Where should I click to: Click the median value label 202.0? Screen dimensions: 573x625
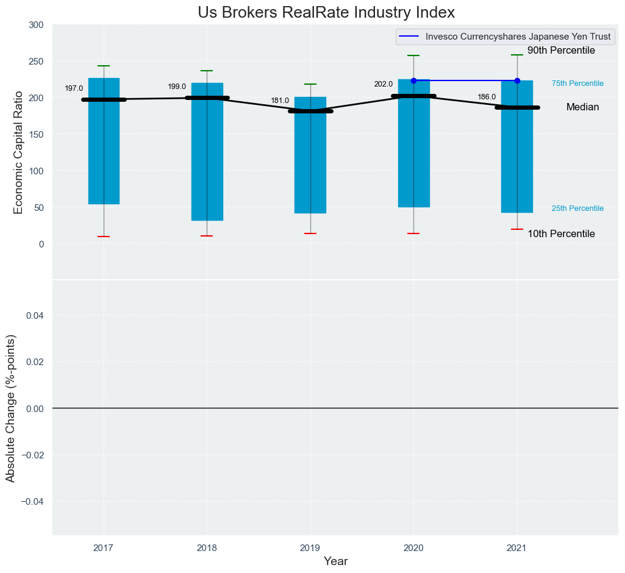(384, 84)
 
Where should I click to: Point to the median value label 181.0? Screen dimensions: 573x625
(280, 101)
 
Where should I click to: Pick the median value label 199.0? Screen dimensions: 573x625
(177, 87)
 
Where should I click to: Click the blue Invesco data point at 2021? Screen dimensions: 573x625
(517, 80)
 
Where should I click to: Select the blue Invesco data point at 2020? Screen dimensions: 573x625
(413, 80)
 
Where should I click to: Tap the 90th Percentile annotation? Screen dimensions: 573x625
(561, 51)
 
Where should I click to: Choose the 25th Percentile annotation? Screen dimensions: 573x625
(577, 208)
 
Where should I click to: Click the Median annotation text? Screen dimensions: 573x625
(582, 107)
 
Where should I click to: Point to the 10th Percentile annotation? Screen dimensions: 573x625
(561, 234)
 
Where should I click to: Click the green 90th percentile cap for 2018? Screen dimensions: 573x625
(207, 71)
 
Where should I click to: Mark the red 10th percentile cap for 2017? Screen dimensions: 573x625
(104, 237)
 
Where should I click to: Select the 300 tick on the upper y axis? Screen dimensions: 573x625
(36, 25)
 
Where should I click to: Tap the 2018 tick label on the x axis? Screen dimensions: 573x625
(207, 548)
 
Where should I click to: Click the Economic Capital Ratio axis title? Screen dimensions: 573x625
(18, 152)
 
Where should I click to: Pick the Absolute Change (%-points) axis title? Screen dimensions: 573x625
(10, 408)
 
